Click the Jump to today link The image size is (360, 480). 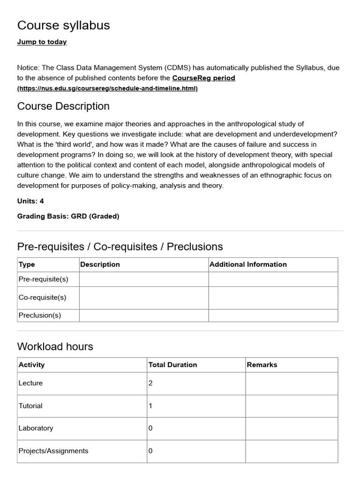tap(42, 42)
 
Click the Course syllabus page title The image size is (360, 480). tap(63, 25)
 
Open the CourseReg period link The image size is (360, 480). tap(203, 78)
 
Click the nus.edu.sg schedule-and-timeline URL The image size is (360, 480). tap(107, 89)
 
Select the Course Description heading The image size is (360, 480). tap(63, 106)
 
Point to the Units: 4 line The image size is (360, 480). tap(30, 201)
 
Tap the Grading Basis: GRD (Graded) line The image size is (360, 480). tap(68, 216)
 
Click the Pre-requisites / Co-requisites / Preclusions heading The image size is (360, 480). tap(120, 247)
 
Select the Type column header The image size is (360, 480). tap(27, 264)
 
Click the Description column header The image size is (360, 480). tap(100, 264)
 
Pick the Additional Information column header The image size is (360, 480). tap(248, 264)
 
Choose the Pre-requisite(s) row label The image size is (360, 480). tap(43, 279)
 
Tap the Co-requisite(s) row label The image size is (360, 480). tap(42, 298)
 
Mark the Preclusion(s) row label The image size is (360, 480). tap(40, 315)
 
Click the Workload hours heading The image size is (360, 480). tap(55, 347)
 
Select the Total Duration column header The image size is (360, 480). tap(172, 365)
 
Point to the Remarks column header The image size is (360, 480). tap(262, 365)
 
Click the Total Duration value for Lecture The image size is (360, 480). tap(150, 383)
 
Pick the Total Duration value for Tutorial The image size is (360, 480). tap(150, 406)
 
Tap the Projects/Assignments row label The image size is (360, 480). tap(53, 451)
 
